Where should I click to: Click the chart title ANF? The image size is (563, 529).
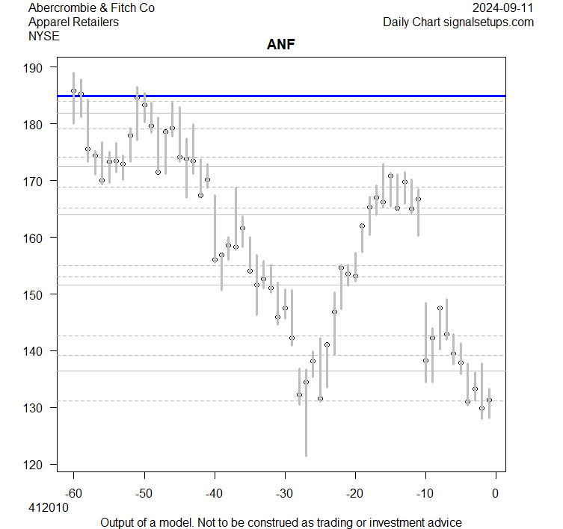coord(282,44)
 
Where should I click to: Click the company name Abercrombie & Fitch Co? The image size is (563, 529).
coord(91,8)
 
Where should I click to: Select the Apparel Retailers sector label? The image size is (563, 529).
coord(73,22)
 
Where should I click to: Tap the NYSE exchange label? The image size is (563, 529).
coord(43,35)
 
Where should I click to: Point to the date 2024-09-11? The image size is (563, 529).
coord(503,8)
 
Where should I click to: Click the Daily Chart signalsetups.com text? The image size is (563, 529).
coord(458,22)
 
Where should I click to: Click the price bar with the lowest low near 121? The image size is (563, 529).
coord(306,418)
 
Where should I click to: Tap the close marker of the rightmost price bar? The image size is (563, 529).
coord(489,400)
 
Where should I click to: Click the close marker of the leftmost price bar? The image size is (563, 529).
coord(73,91)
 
